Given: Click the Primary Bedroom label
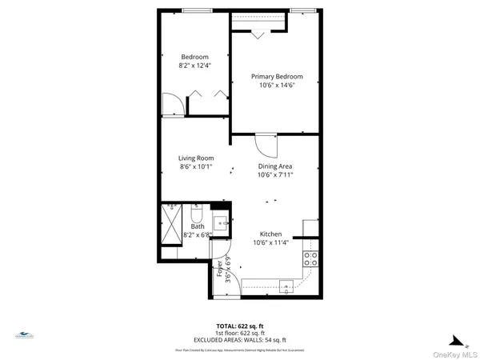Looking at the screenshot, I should (277, 77).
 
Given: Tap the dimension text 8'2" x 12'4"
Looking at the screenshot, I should (194, 65).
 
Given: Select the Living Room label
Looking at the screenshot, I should (196, 158).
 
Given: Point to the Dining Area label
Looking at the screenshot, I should (274, 166).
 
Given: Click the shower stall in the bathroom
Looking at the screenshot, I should (172, 218).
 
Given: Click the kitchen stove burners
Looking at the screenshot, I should (310, 258).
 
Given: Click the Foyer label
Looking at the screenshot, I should (220, 267).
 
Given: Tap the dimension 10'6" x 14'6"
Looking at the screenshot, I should (277, 86).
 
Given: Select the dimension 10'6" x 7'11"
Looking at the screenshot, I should (274, 175).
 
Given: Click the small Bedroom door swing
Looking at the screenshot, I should (174, 104).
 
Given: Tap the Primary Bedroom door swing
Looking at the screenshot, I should (265, 144).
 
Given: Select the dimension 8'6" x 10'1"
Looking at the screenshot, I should (196, 167).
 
